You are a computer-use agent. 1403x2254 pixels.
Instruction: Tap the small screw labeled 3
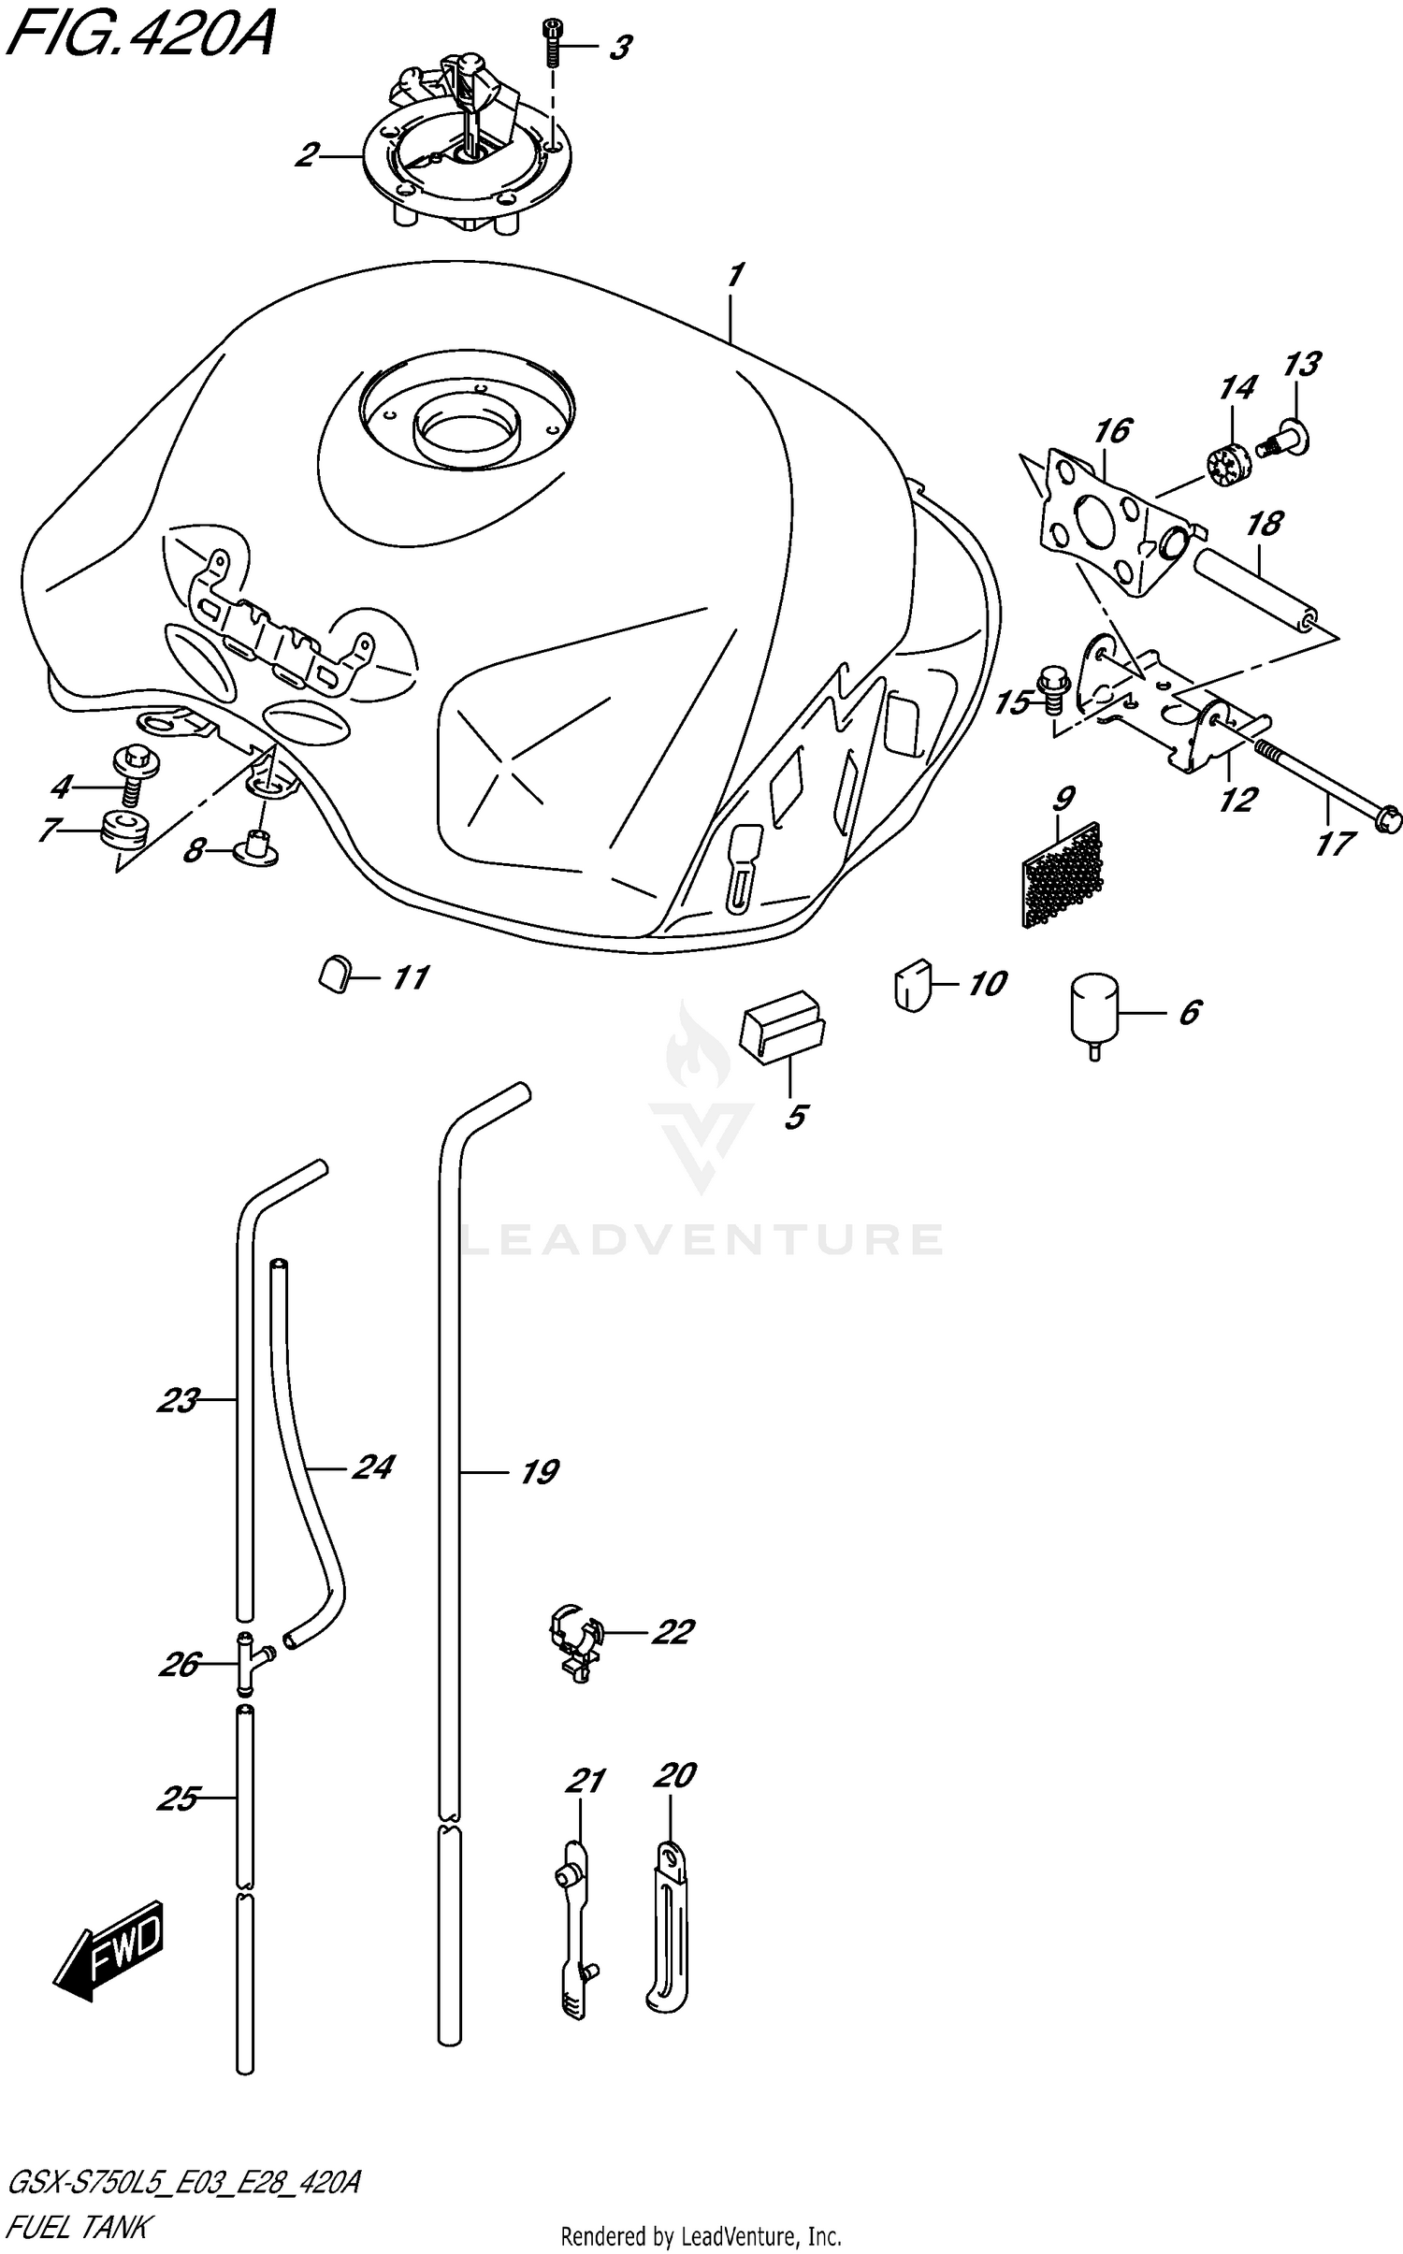click(x=552, y=42)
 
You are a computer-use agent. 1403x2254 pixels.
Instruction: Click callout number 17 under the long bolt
click(x=1333, y=844)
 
